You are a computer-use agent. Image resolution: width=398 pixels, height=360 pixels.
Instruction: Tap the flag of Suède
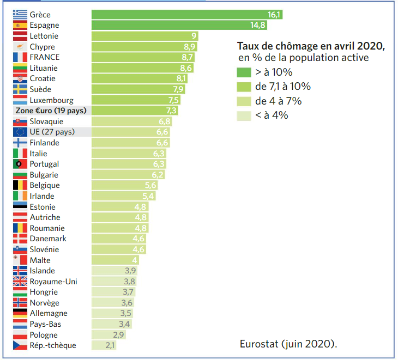20,89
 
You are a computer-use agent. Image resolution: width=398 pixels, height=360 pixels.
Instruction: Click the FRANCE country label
45,57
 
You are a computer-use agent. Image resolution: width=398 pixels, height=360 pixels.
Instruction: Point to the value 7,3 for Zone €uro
172,111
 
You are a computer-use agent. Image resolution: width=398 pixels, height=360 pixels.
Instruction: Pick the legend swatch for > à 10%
244,72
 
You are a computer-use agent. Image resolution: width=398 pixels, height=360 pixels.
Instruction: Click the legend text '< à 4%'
272,115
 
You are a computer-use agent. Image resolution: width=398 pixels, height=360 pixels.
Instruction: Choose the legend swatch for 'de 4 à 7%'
244,101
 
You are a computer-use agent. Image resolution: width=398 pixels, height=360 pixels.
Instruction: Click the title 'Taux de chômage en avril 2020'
311,47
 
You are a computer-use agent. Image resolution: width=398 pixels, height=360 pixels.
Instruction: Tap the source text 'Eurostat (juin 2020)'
288,344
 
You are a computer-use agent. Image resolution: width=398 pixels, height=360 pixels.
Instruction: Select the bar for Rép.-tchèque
104,345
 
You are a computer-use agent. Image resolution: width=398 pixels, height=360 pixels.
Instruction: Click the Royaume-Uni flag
20,282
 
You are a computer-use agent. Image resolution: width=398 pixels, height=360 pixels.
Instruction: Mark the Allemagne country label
49,314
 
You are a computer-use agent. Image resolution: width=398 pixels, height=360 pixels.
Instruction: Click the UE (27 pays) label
53,132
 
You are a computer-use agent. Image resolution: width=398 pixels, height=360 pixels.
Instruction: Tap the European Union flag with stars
20,132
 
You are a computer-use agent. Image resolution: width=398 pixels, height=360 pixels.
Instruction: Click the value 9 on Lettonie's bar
194,36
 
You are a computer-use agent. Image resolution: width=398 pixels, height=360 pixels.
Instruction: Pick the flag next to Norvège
20,303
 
